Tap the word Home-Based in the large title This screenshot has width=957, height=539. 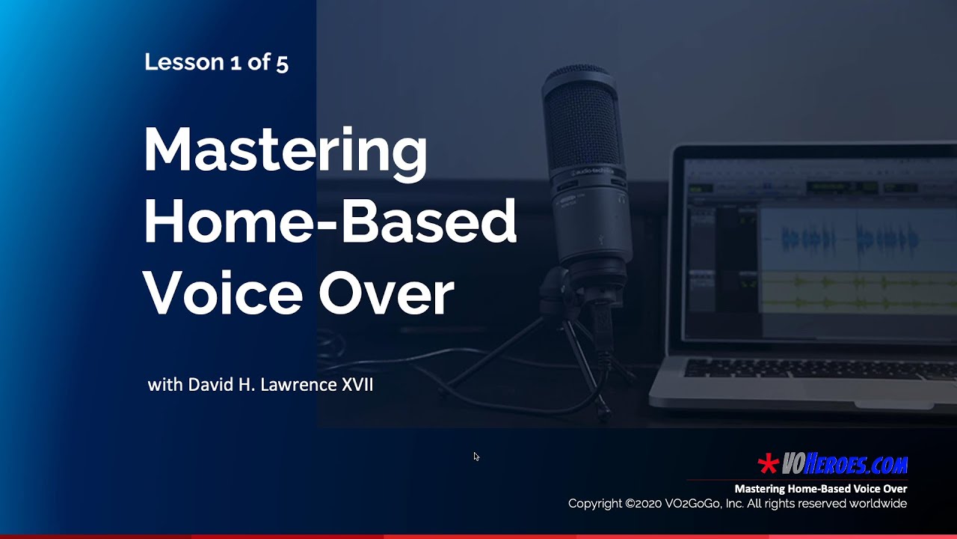point(330,222)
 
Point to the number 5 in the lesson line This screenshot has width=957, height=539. point(282,62)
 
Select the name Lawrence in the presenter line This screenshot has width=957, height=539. point(300,385)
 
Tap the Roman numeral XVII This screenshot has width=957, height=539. point(357,385)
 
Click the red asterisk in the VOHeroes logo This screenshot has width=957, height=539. point(768,464)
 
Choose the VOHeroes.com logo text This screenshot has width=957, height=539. point(844,465)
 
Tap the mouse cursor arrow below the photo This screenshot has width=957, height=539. point(476,456)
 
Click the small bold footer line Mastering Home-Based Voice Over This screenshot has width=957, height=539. point(820,489)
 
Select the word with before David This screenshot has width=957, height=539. point(164,385)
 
